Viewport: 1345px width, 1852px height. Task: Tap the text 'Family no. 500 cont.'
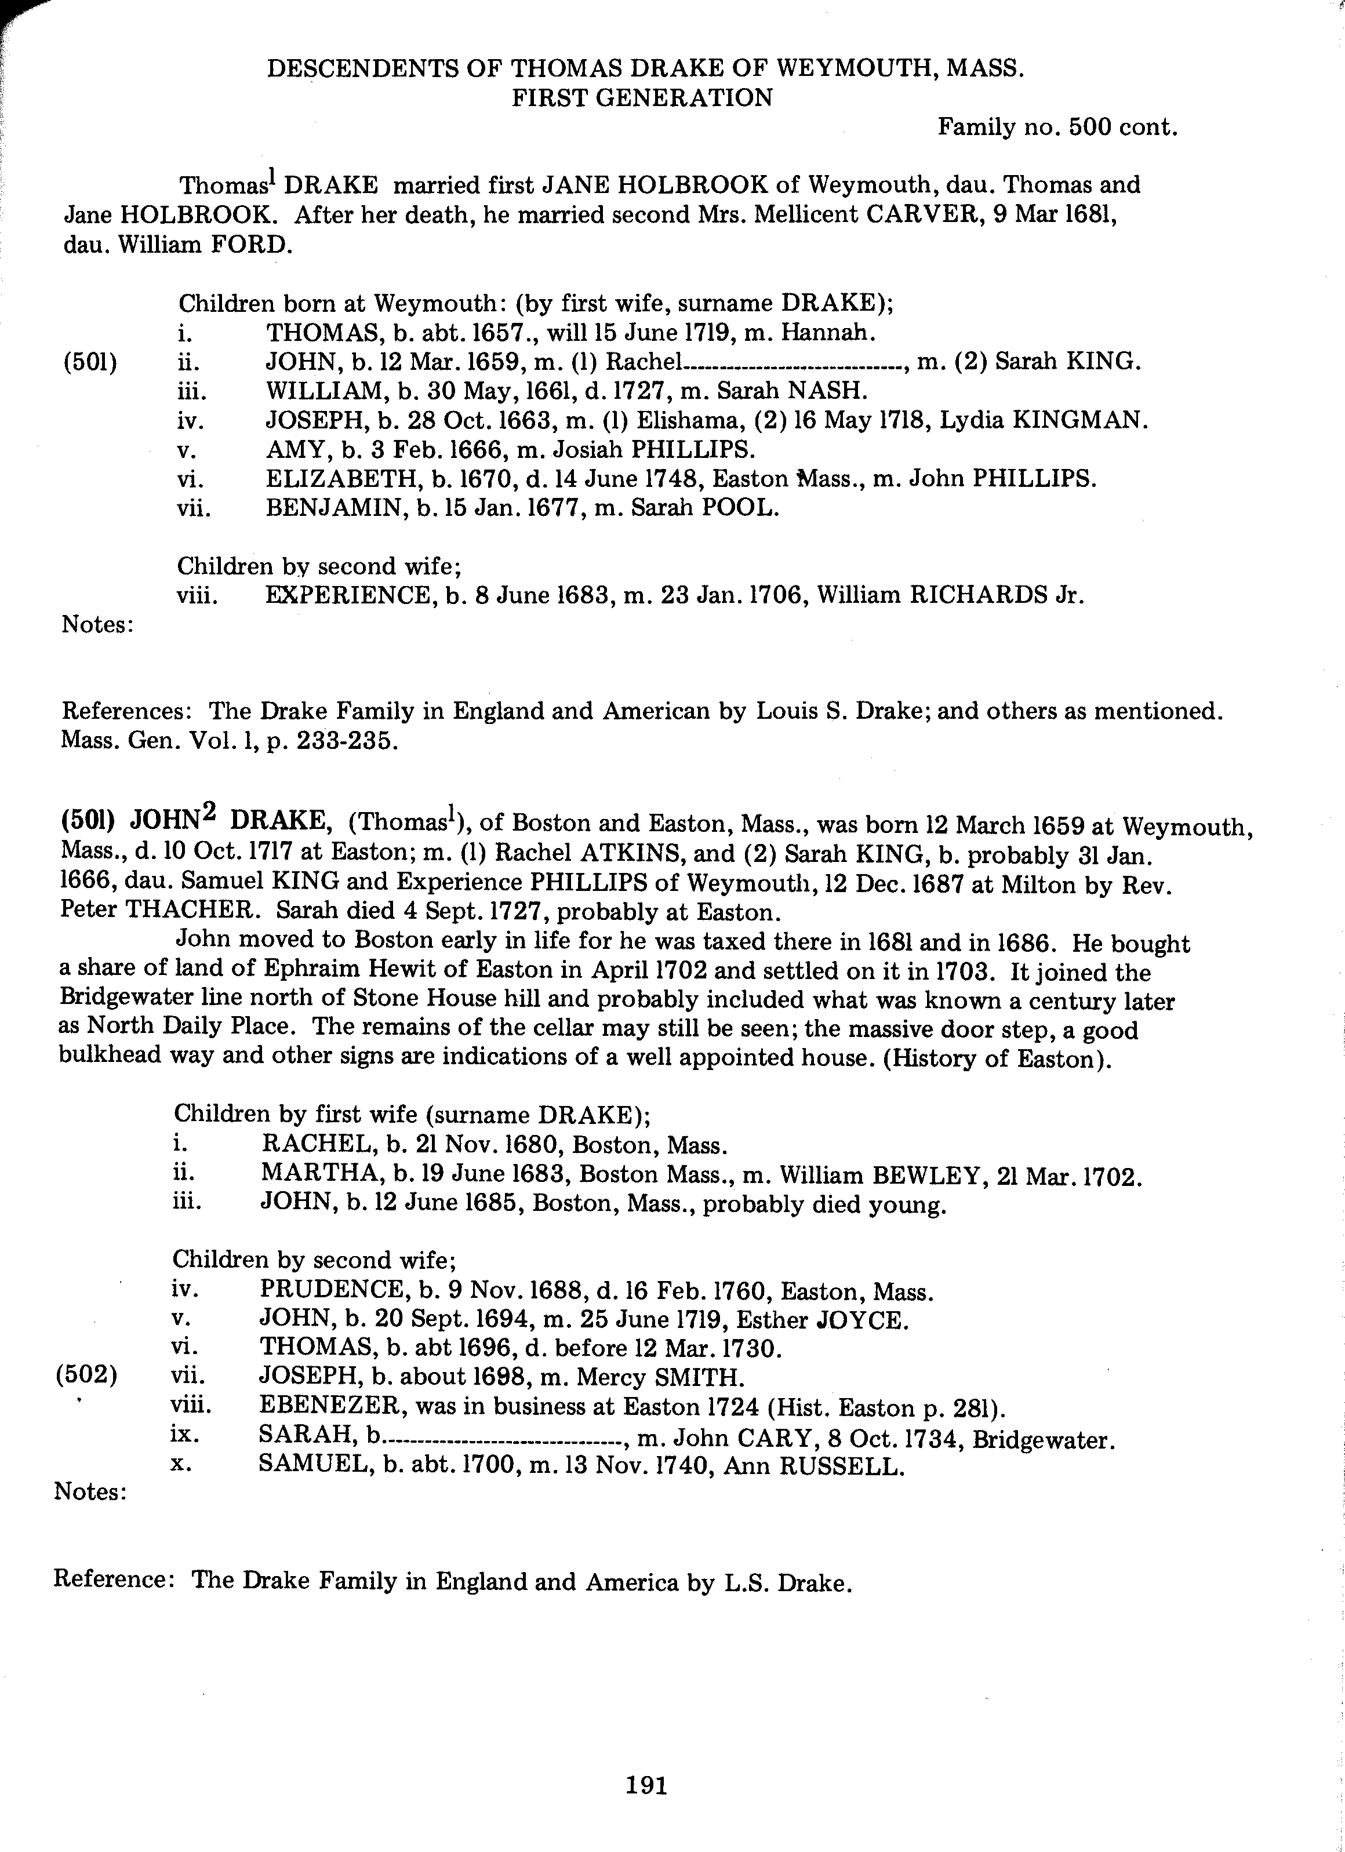(1057, 128)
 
